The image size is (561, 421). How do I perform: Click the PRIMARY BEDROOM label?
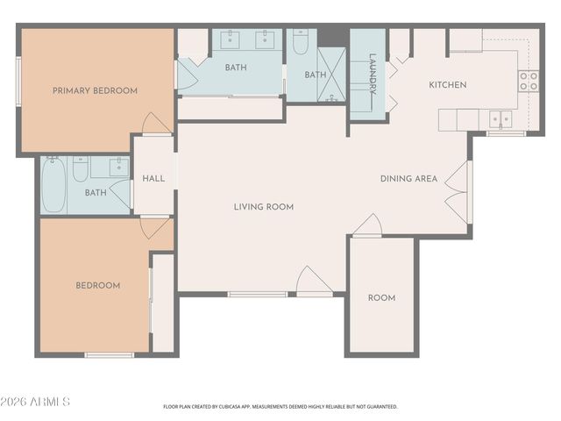[96, 91]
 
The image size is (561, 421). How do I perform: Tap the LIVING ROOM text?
[264, 207]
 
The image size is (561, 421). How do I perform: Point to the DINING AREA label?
[408, 179]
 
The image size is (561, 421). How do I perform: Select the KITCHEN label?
[448, 85]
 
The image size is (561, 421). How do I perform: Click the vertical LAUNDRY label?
[373, 74]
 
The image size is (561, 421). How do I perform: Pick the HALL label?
[153, 179]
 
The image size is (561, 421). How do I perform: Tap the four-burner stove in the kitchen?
[529, 81]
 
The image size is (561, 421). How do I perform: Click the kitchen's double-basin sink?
[501, 119]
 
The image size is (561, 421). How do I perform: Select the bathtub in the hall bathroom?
[53, 184]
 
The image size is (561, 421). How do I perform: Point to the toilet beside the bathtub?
[81, 168]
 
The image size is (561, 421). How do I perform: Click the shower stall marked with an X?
[331, 75]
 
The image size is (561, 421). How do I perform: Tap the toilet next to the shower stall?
[301, 41]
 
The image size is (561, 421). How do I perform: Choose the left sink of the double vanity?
[230, 39]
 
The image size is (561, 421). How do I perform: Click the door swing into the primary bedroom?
[156, 124]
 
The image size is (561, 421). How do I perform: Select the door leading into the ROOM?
[367, 226]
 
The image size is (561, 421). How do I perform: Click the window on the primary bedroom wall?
[18, 82]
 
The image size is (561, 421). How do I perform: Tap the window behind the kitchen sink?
[506, 134]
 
